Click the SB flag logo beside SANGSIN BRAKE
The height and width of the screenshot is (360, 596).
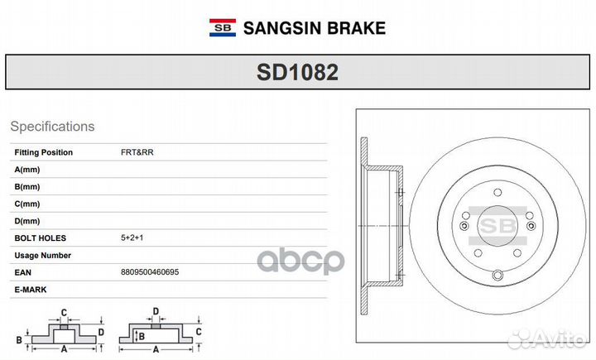coord(222,27)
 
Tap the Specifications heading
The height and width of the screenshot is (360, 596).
coord(52,127)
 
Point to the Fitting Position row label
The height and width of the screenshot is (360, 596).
coord(44,152)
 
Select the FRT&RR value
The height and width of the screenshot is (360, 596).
coord(137,152)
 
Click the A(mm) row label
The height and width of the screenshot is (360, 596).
coord(27,169)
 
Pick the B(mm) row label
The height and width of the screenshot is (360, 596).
coord(27,186)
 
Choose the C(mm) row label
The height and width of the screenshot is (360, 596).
coord(27,204)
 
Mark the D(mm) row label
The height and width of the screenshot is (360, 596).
coord(27,221)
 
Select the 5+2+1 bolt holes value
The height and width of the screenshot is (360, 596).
coord(132,238)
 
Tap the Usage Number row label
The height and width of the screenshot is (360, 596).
coord(43,256)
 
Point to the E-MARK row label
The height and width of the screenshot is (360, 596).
coord(31,289)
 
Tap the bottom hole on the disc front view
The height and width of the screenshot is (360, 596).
coord(498,276)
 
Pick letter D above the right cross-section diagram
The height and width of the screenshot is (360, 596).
coord(155,312)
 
